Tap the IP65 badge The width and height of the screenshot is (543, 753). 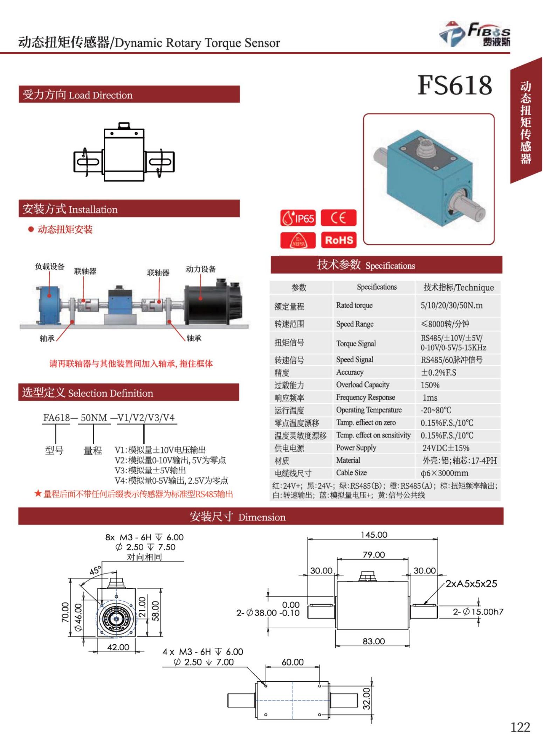(x=298, y=218)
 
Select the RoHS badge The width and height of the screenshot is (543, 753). (x=338, y=240)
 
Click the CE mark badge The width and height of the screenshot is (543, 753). (x=338, y=218)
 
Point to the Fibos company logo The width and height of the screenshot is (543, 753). (x=475, y=34)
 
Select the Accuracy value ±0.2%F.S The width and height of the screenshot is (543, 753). (x=438, y=372)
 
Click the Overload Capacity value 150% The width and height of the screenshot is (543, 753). (x=430, y=385)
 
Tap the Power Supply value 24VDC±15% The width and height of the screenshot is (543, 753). (x=446, y=448)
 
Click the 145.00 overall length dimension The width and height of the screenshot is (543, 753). (x=374, y=535)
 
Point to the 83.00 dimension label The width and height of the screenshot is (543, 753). (x=373, y=641)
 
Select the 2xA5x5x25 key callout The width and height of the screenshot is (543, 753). (x=471, y=584)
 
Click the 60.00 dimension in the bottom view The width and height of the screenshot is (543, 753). (x=293, y=662)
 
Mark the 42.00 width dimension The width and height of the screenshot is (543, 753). (x=118, y=647)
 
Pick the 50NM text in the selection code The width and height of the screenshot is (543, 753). (x=94, y=418)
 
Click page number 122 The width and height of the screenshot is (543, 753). (x=520, y=727)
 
